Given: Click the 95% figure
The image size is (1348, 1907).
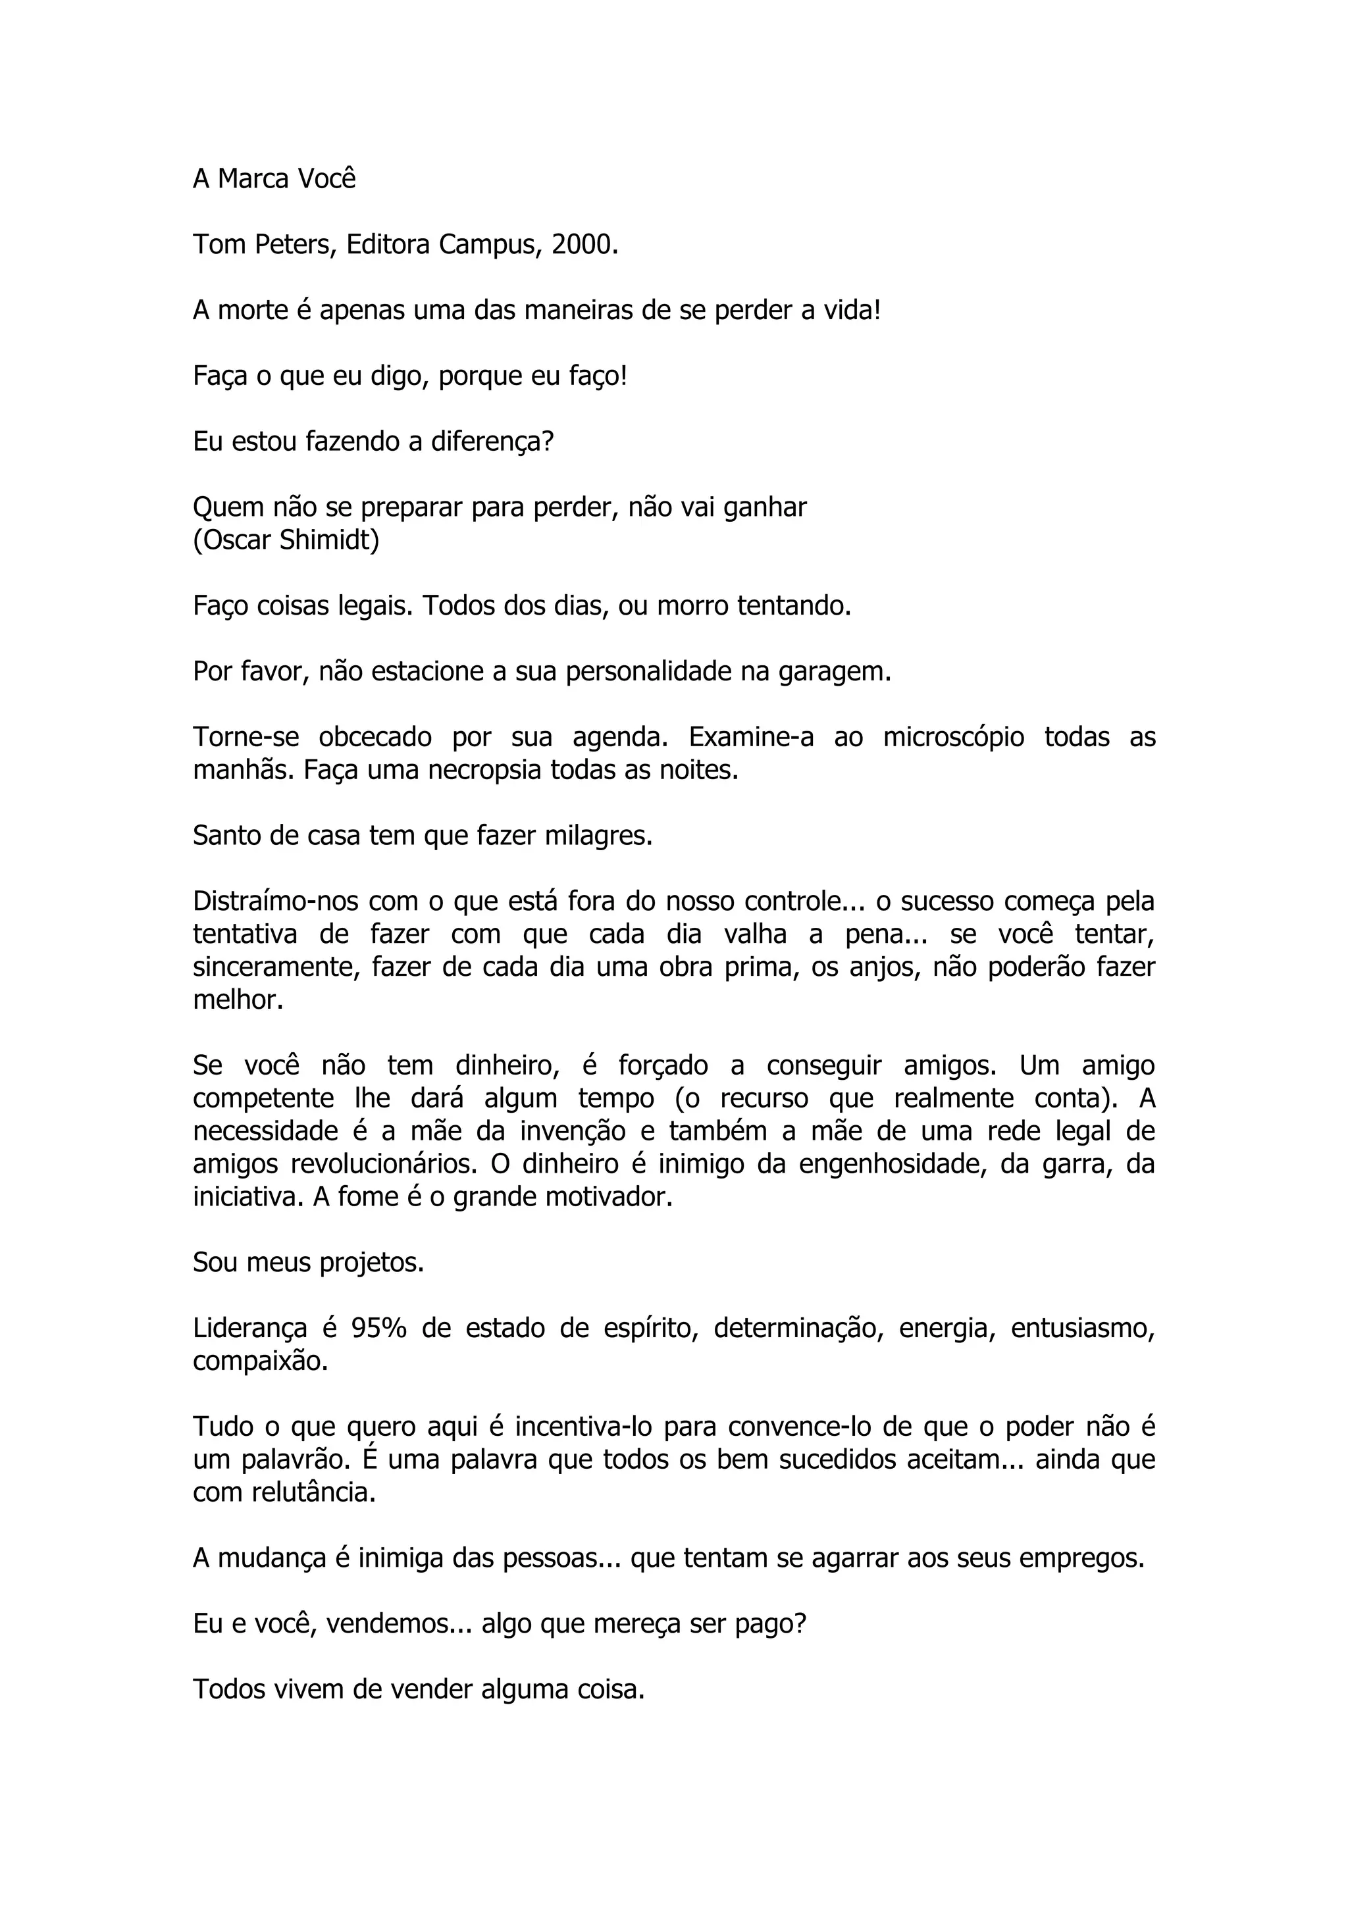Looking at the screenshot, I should click(378, 1329).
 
